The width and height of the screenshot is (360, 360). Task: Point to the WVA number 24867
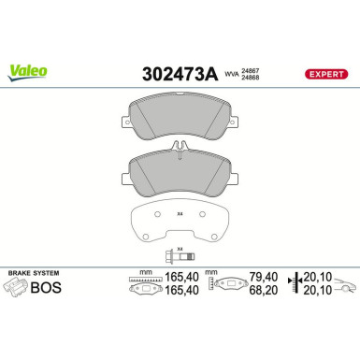tap(252, 66)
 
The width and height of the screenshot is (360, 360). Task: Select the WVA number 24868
tap(252, 76)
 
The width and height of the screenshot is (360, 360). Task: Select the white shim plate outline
tap(180, 222)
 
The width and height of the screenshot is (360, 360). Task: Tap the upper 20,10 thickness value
tap(321, 278)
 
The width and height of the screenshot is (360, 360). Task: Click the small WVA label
tap(231, 71)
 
